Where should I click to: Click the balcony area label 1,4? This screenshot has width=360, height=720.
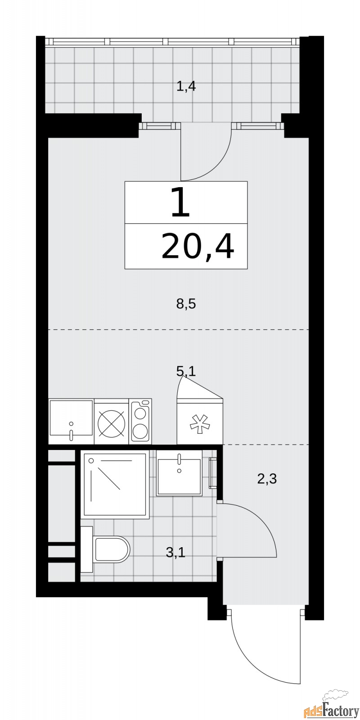click(186, 86)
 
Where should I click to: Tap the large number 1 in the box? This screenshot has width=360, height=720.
click(181, 202)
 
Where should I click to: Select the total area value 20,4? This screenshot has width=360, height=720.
click(198, 247)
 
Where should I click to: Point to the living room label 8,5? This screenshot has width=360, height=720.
click(186, 305)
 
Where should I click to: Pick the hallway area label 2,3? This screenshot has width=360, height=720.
click(266, 479)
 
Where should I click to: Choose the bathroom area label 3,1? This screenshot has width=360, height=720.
click(175, 552)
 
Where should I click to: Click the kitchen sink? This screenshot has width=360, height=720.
click(71, 421)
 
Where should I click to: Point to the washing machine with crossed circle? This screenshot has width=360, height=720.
click(111, 422)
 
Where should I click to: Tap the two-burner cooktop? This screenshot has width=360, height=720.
click(140, 421)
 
